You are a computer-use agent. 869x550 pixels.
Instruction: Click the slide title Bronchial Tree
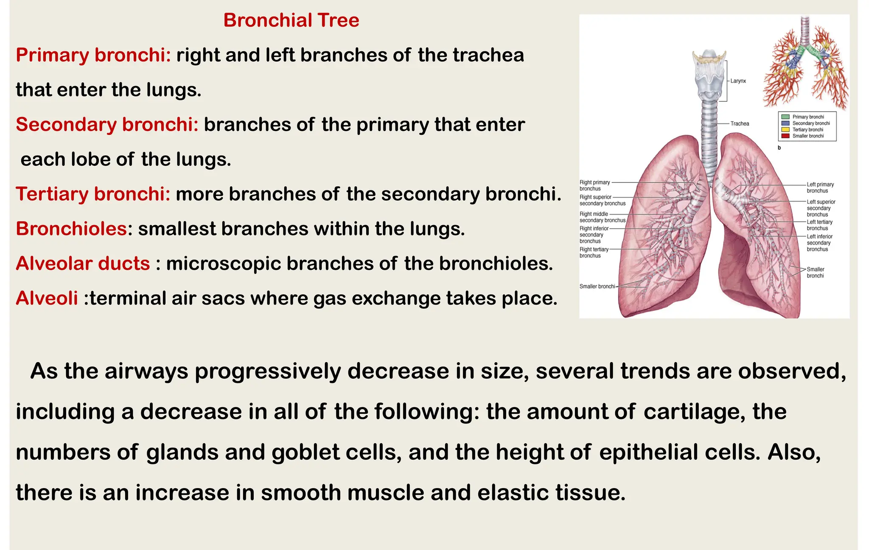[x=291, y=20]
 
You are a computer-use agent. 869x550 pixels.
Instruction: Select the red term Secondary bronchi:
[x=107, y=125]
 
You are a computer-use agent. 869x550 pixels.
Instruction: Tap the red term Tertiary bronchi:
[x=93, y=194]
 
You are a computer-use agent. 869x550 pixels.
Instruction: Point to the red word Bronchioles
[x=71, y=229]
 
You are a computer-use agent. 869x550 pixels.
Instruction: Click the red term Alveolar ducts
[x=83, y=264]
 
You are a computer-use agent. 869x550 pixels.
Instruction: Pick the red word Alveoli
[x=47, y=299]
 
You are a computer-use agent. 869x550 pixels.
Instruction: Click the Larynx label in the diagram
[x=738, y=81]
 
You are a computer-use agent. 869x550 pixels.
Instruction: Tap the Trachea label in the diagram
[x=740, y=124]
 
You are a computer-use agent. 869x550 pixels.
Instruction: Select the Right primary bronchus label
[x=594, y=185]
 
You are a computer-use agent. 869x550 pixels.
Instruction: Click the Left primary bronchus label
[x=820, y=187]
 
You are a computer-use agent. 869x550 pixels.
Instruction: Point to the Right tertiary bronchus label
[x=594, y=252]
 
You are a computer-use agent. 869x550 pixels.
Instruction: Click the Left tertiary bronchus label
[x=819, y=225]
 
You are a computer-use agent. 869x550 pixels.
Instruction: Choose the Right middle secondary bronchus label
[x=602, y=217]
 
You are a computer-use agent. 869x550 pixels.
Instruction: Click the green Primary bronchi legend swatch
[x=785, y=117]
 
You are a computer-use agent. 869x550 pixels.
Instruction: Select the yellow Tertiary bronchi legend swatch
[x=785, y=130]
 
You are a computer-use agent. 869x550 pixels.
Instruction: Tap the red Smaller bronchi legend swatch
[x=785, y=136]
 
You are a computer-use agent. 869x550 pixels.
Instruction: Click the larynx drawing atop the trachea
[x=709, y=76]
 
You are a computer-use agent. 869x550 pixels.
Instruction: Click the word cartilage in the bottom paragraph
[x=694, y=412]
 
